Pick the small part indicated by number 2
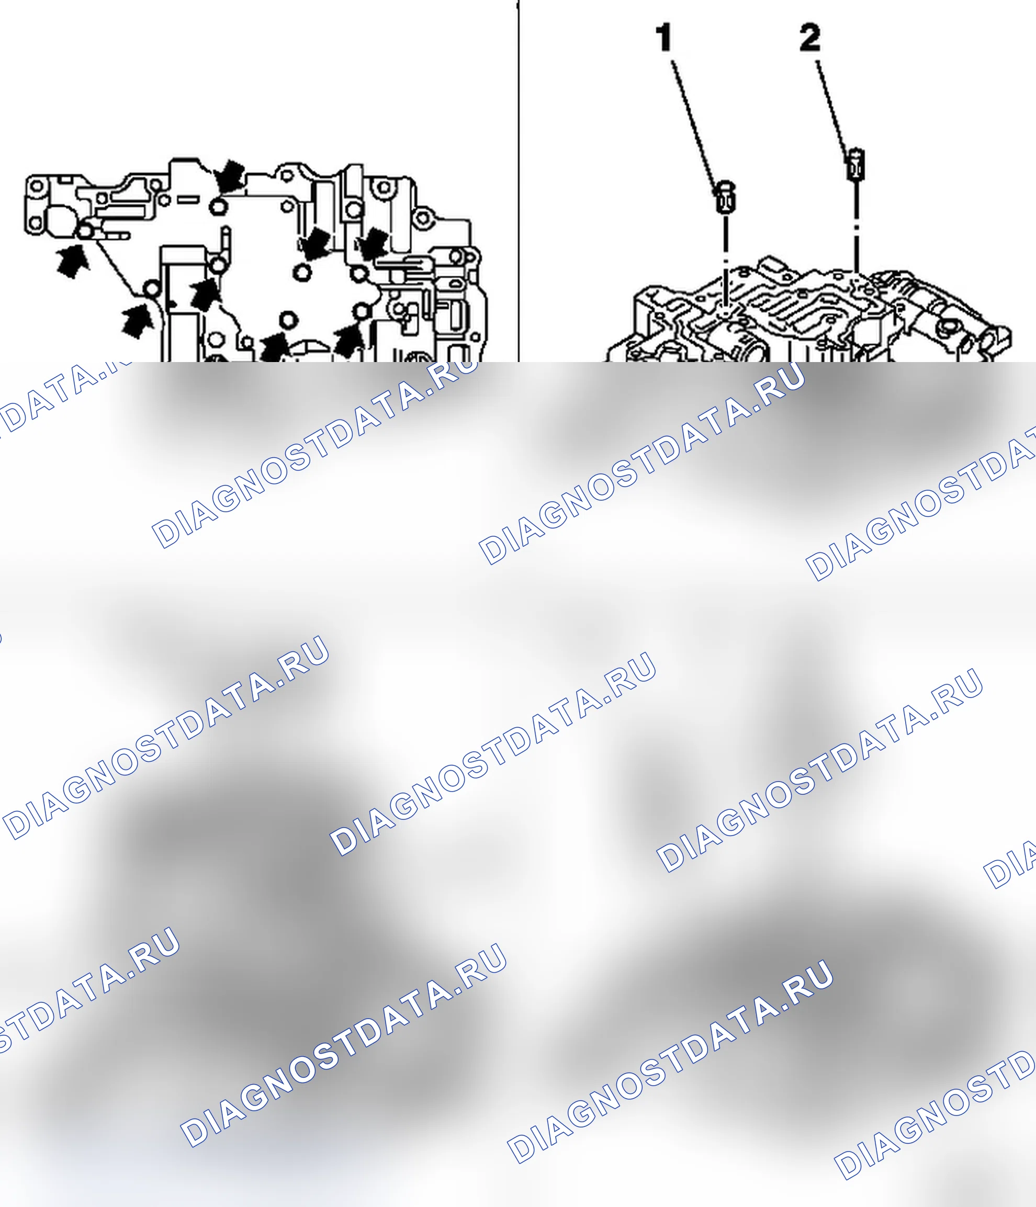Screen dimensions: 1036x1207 [855, 165]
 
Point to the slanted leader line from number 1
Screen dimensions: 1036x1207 [695, 122]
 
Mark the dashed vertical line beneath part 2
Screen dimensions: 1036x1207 [856, 227]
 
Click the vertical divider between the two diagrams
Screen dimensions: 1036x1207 [518, 181]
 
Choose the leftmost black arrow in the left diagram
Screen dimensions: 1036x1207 [73, 262]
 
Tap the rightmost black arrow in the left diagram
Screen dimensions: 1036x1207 [371, 244]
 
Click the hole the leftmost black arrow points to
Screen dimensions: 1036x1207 [86, 231]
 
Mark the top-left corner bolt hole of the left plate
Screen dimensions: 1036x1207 [36, 186]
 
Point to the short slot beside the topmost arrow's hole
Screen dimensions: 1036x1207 [188, 200]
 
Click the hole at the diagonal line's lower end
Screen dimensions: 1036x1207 [152, 288]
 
